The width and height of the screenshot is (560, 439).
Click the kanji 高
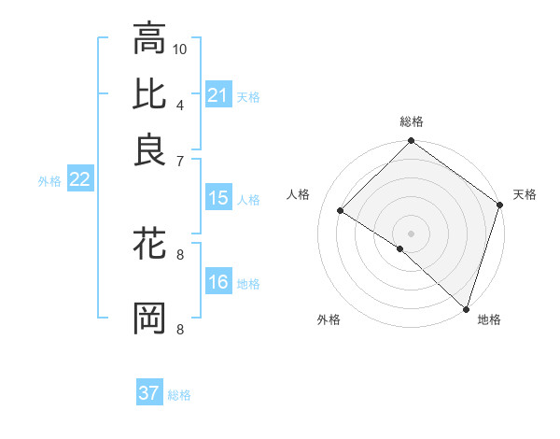pyautogui.click(x=149, y=39)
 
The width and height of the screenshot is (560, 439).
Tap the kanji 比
pyautogui.click(x=149, y=94)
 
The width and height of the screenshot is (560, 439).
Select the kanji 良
pyautogui.click(x=149, y=149)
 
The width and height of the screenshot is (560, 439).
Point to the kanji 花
pyautogui.click(x=149, y=246)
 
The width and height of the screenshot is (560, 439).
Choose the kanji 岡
pyautogui.click(x=149, y=319)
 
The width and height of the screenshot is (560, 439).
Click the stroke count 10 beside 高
pyautogui.click(x=181, y=49)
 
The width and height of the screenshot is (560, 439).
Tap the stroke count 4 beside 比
pyautogui.click(x=179, y=104)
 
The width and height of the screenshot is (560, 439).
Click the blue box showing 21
pyautogui.click(x=218, y=95)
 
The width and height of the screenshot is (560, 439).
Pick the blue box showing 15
pyautogui.click(x=218, y=198)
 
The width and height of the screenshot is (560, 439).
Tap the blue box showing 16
pyautogui.click(x=218, y=283)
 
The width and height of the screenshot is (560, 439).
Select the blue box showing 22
pyautogui.click(x=79, y=180)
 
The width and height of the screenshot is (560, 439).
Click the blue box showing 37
pyautogui.click(x=149, y=393)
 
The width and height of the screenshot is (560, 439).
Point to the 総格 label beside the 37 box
pyautogui.click(x=179, y=395)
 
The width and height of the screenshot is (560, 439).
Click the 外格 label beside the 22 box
pyautogui.click(x=49, y=181)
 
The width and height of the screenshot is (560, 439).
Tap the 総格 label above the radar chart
pyautogui.click(x=412, y=121)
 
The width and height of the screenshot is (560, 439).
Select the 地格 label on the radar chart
pyautogui.click(x=489, y=319)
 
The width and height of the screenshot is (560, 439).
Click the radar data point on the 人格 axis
pyautogui.click(x=341, y=211)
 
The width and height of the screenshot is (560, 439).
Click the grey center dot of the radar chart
pyautogui.click(x=412, y=233)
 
